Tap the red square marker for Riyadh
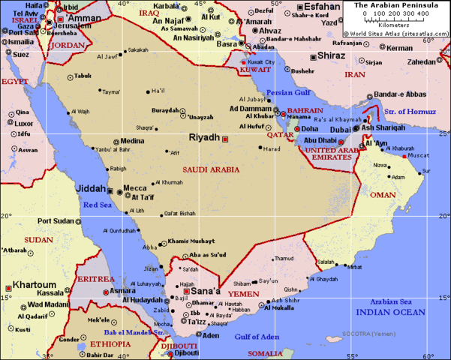[224, 138]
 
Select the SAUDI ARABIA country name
[211, 169]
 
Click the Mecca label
[135, 188]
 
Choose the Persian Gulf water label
[290, 93]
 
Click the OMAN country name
[383, 195]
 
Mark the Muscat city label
[419, 156]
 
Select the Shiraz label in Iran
[331, 55]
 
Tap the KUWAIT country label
[255, 70]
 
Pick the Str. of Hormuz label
[410, 112]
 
